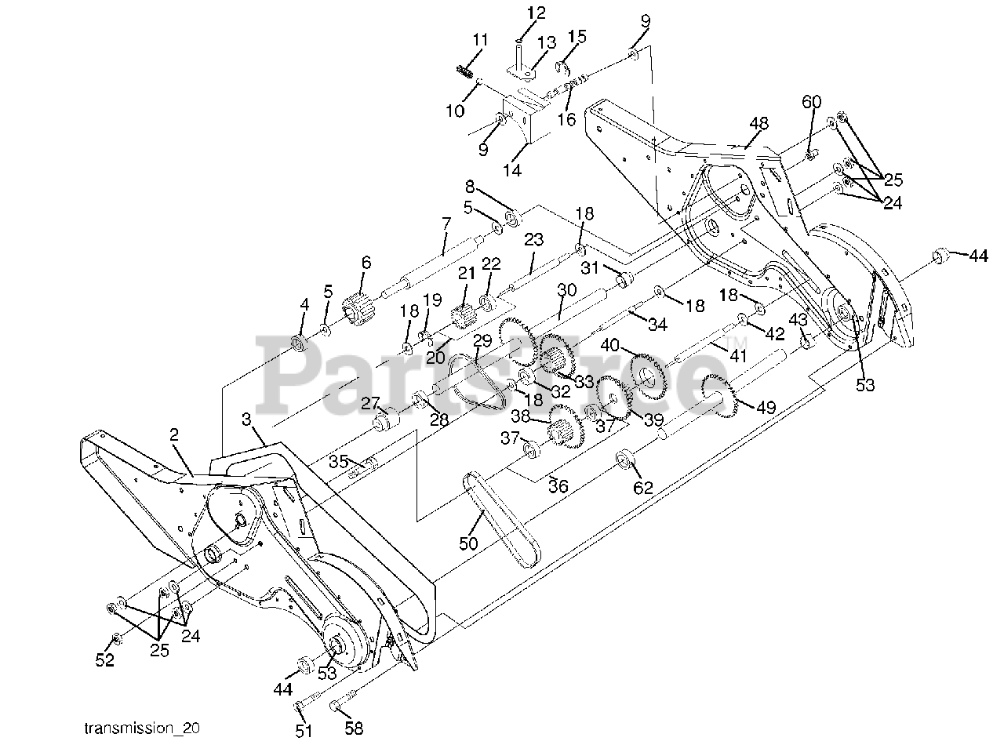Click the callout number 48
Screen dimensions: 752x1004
pyautogui.click(x=758, y=123)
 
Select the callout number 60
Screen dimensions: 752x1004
pyautogui.click(x=811, y=102)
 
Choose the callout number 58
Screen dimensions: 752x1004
pyautogui.click(x=354, y=728)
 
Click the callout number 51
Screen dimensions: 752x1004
pyautogui.click(x=304, y=731)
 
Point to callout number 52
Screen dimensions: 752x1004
pyautogui.click(x=104, y=660)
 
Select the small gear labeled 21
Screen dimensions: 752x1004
pyautogui.click(x=465, y=317)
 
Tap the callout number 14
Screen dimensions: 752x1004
pyautogui.click(x=514, y=169)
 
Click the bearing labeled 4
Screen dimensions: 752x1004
pyautogui.click(x=298, y=343)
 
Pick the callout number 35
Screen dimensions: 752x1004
pyautogui.click(x=340, y=460)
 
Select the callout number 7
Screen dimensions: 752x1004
pyautogui.click(x=446, y=223)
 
